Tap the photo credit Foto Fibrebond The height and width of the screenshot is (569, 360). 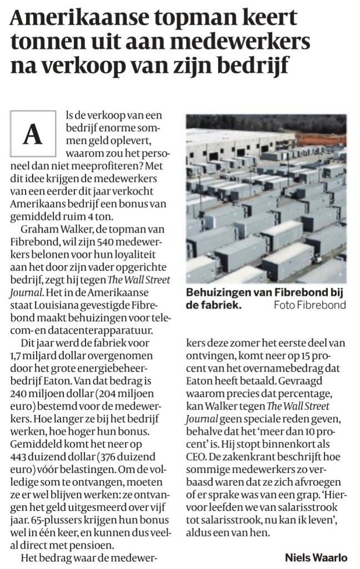click(x=309, y=305)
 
